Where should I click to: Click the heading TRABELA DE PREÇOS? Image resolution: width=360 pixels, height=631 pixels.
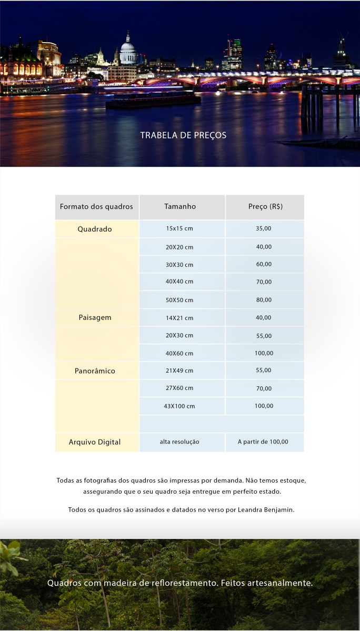click(x=183, y=135)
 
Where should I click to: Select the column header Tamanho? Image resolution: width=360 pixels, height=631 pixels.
click(x=180, y=207)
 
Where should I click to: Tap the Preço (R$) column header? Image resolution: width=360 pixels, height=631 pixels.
click(x=265, y=207)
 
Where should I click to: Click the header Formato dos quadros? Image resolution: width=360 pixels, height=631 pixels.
click(x=96, y=207)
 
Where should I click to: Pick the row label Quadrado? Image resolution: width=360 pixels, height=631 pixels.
click(x=95, y=229)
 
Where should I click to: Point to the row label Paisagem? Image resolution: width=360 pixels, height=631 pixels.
click(x=95, y=318)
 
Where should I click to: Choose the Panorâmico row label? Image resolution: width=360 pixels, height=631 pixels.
click(x=95, y=371)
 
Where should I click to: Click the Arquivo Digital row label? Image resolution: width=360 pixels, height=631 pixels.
click(x=95, y=442)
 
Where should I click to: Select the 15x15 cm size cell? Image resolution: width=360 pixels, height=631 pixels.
click(x=179, y=229)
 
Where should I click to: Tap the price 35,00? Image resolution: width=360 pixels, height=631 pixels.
click(x=264, y=229)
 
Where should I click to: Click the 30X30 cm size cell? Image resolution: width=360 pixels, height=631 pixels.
click(x=179, y=265)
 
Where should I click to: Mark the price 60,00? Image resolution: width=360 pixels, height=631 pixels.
click(x=264, y=264)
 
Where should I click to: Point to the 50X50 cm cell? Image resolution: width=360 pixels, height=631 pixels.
click(x=179, y=300)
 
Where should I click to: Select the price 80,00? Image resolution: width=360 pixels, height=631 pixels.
click(x=264, y=300)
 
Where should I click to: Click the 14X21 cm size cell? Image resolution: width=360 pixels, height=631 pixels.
click(x=179, y=318)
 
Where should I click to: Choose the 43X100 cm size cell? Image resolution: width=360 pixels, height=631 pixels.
click(x=179, y=406)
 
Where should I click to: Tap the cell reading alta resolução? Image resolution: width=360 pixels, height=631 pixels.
click(x=179, y=442)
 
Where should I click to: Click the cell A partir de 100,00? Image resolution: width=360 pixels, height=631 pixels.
click(x=263, y=442)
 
